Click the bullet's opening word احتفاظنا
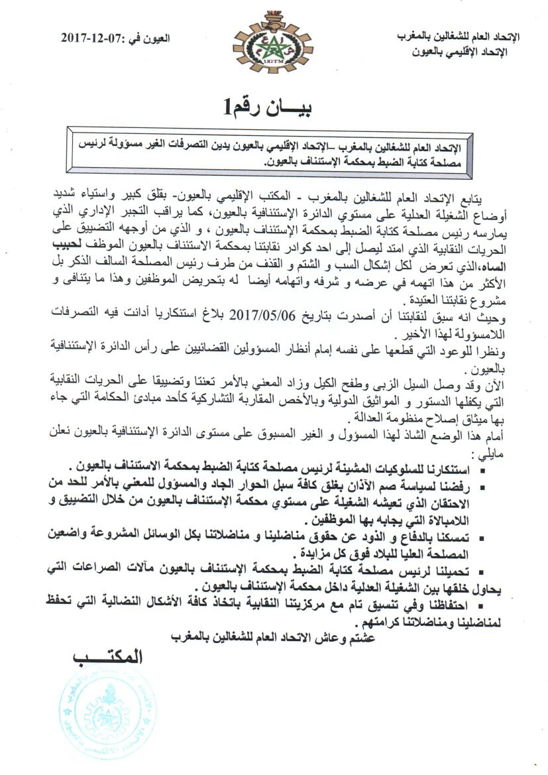tap(483, 605)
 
